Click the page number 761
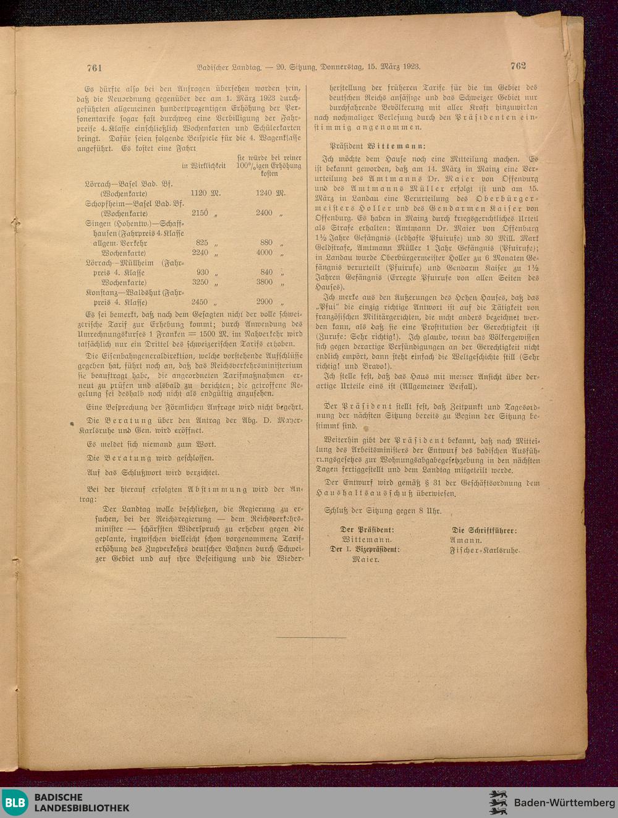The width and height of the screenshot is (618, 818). coord(95,68)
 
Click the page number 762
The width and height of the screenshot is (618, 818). coord(518,66)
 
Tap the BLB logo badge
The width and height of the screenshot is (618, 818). coord(15,803)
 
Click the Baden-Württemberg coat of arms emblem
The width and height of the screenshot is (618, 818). coord(498,803)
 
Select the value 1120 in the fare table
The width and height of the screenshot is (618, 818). coord(199,193)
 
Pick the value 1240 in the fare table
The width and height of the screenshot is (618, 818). coord(263,193)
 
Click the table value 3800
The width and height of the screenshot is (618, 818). coord(264,282)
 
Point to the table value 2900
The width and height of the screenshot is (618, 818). coord(264,302)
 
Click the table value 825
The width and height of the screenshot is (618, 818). coord(201,243)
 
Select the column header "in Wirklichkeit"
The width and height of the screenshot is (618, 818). coord(203,166)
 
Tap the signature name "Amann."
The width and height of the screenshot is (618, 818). coord(466,540)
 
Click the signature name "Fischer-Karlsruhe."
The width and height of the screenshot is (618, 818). coord(485,550)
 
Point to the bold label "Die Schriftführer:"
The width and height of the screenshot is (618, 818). coord(485,530)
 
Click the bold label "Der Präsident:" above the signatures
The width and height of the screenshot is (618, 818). coord(367,530)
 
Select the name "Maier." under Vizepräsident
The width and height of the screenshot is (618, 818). coord(366,560)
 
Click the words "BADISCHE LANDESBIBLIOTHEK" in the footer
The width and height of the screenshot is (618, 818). coord(82,803)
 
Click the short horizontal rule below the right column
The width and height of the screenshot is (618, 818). coord(311,637)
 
